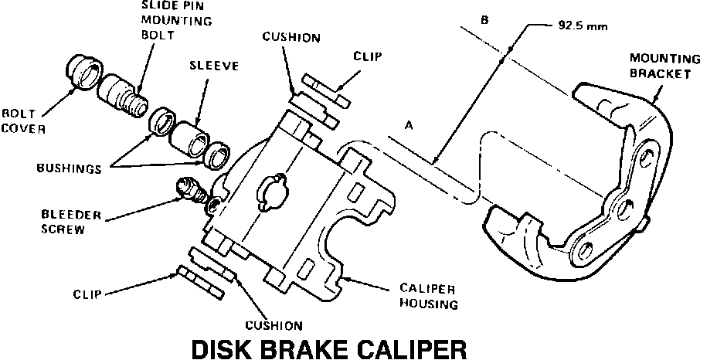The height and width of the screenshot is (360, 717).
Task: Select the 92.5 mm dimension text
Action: [x=580, y=25]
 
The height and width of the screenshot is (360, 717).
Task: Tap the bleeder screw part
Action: [x=191, y=190]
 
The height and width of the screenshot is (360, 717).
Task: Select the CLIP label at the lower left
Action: [x=88, y=294]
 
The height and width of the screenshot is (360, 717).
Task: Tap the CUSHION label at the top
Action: [x=291, y=37]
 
